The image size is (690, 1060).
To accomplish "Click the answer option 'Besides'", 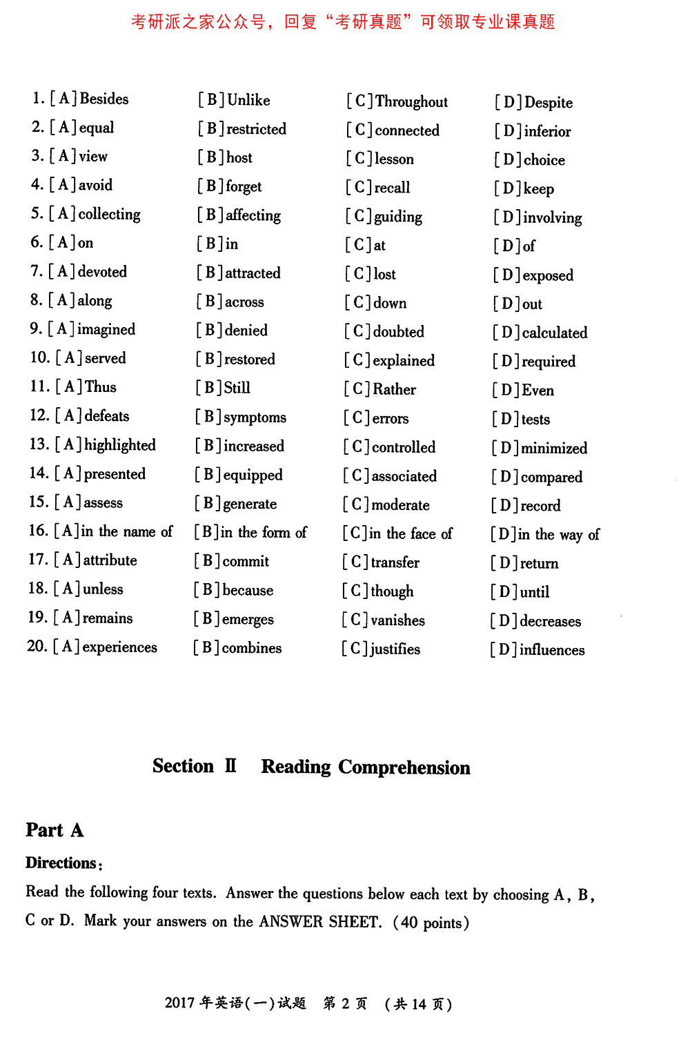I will coord(104,99).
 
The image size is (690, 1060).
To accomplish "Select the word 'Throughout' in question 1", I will coord(411,102).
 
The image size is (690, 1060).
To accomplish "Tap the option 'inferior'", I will coord(547,131).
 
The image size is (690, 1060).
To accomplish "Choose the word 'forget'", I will coord(244,186).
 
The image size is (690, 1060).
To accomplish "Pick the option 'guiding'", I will coord(397,217).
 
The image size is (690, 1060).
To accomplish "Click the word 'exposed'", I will coord(548,275).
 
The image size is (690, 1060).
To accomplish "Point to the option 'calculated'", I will coord(555,333).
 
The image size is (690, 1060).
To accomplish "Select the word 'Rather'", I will coord(394,389).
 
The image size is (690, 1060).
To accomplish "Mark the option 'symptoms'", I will coord(255,418).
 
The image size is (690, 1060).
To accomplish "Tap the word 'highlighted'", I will coord(120,445).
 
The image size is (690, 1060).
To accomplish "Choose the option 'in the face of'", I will coord(411,533).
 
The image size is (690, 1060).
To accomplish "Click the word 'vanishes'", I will coord(397,620).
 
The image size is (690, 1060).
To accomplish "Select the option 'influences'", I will coord(552,650).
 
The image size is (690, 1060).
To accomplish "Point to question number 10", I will coord(39,357).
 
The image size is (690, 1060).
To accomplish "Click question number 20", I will coord(37,646).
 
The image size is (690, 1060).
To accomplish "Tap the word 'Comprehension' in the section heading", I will coord(404,767).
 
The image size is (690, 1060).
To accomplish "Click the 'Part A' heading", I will coord(55,830).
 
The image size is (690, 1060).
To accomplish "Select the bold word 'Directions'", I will coord(61,863).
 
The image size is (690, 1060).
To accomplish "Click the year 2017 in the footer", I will coord(179,1003).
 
